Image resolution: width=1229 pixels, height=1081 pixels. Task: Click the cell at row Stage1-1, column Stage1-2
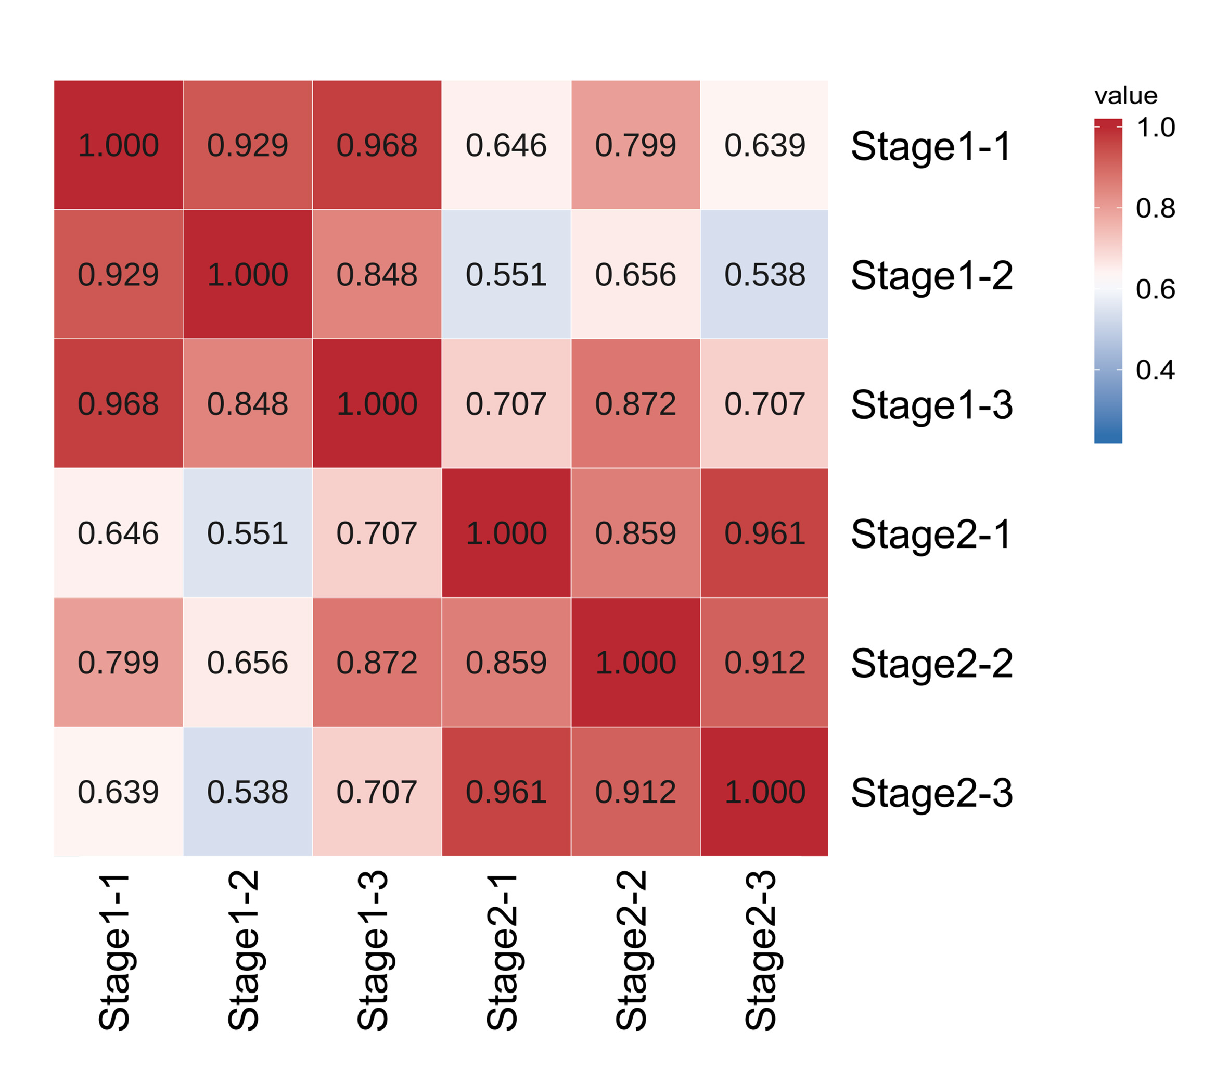pyautogui.click(x=247, y=145)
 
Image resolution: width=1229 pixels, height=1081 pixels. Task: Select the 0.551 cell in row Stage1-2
pyautogui.click(x=506, y=274)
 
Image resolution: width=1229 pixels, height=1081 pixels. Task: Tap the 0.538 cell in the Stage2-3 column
pyautogui.click(x=764, y=274)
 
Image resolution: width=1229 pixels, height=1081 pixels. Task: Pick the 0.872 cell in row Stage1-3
pyautogui.click(x=635, y=404)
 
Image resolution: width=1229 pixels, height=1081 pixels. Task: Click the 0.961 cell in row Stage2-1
pyautogui.click(x=764, y=533)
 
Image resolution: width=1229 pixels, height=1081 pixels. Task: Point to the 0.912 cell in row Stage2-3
pyautogui.click(x=635, y=792)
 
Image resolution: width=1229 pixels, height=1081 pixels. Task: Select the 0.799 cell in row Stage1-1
pyautogui.click(x=635, y=145)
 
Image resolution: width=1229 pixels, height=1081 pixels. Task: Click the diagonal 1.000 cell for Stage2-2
pyautogui.click(x=635, y=663)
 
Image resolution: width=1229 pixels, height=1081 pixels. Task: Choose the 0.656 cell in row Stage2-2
pyautogui.click(x=247, y=663)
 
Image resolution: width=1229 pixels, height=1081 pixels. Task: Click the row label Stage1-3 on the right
pyautogui.click(x=931, y=405)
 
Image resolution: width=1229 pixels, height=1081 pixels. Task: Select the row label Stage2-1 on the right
pyautogui.click(x=931, y=534)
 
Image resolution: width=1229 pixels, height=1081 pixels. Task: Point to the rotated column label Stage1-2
pyautogui.click(x=244, y=951)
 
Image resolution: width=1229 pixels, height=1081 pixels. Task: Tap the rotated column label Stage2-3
pyautogui.click(x=761, y=951)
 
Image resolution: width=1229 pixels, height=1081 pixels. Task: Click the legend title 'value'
pyautogui.click(x=1125, y=96)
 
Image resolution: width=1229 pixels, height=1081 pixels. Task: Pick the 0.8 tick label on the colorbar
pyautogui.click(x=1155, y=209)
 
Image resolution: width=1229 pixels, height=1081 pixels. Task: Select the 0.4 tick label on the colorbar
pyautogui.click(x=1155, y=370)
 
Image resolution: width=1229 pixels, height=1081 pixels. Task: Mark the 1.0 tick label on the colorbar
pyautogui.click(x=1155, y=128)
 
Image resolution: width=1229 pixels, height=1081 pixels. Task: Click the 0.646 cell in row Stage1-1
pyautogui.click(x=506, y=145)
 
